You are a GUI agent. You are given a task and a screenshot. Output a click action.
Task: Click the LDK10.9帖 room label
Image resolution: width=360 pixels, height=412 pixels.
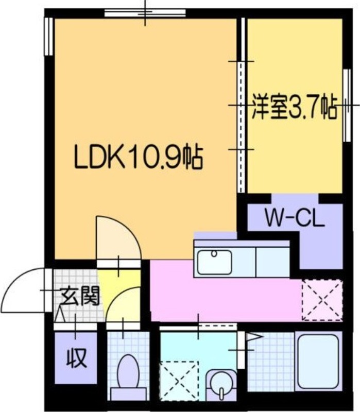click(138, 158)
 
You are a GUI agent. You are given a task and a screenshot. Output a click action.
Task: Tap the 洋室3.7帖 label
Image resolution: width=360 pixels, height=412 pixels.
click(294, 110)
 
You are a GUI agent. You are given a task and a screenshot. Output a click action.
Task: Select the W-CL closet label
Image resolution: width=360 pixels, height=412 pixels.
click(294, 218)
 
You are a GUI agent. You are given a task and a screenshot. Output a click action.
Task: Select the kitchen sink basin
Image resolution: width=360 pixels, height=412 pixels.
click(215, 262)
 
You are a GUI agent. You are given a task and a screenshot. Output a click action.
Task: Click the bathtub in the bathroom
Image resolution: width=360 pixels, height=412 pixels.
click(318, 358)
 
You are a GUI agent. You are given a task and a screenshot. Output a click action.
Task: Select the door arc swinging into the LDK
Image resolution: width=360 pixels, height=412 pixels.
click(117, 238)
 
